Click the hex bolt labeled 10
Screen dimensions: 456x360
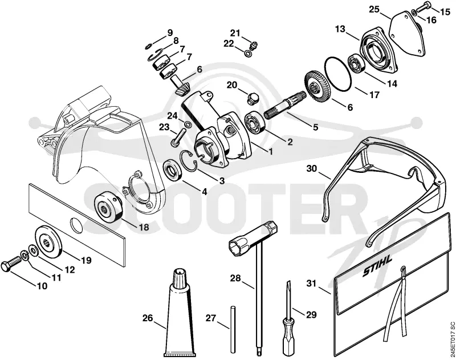tap(11, 263)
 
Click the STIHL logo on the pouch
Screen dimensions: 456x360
tap(377, 266)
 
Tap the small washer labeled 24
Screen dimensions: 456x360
tap(188, 125)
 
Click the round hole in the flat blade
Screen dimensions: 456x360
tap(77, 226)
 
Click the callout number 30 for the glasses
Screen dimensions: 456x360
tap(312, 169)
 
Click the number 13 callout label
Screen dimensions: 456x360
tap(340, 29)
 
